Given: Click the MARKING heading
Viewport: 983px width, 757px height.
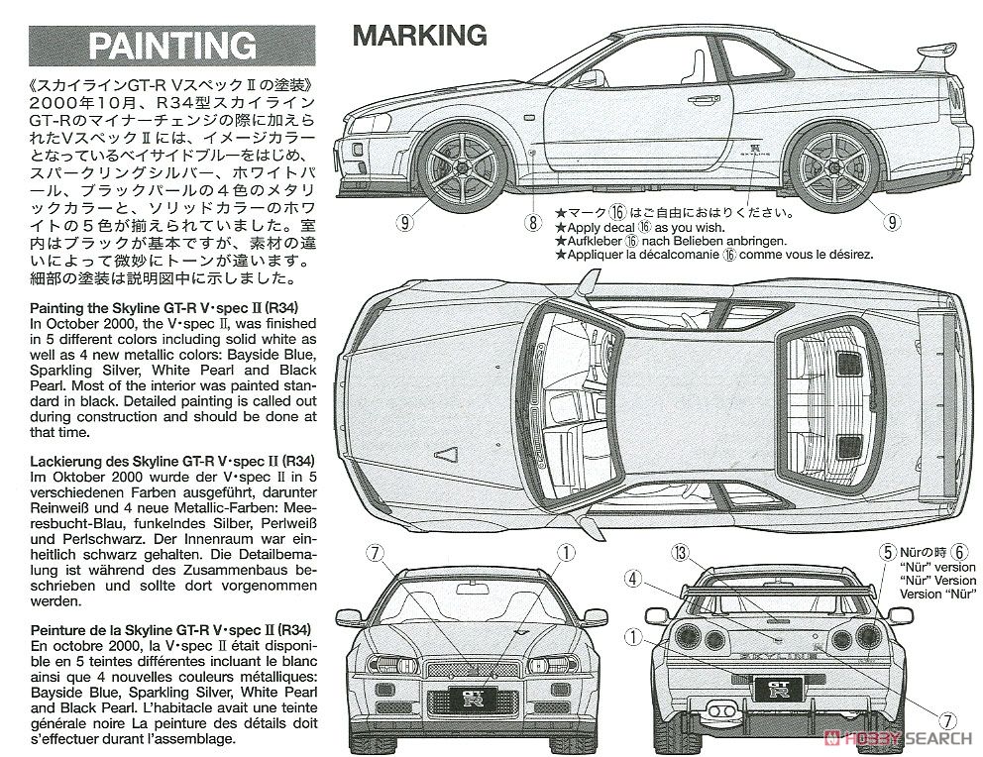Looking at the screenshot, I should coord(419,36).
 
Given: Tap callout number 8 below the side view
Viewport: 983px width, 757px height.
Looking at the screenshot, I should coord(533,223).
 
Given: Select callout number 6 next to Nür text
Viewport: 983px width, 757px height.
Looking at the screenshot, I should coord(958,551).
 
